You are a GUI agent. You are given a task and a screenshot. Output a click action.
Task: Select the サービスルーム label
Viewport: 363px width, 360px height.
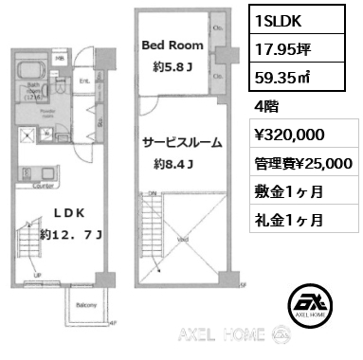tap(182, 144)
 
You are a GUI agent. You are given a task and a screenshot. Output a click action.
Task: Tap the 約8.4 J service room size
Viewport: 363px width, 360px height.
tap(174, 165)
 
